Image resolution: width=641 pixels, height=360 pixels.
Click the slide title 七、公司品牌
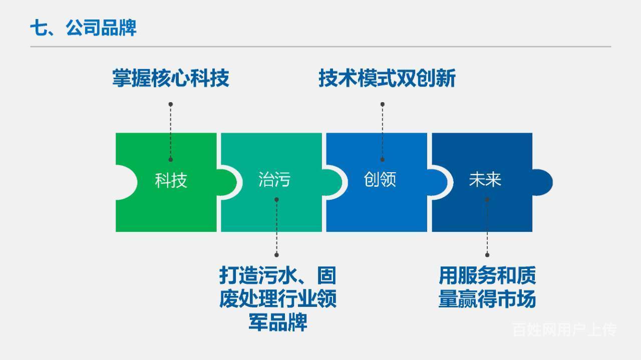pyautogui.click(x=83, y=28)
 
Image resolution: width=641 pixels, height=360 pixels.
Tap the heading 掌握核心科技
pyautogui.click(x=171, y=78)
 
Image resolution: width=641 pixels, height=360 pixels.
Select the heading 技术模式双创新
pyautogui.click(x=387, y=78)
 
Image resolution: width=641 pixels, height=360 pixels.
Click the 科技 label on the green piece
pyautogui.click(x=171, y=180)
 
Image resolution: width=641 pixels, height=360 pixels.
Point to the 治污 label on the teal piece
pyautogui.click(x=274, y=179)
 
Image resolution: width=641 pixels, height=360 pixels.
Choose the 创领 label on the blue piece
pyautogui.click(x=380, y=179)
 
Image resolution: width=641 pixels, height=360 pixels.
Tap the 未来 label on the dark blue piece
pyautogui.click(x=485, y=179)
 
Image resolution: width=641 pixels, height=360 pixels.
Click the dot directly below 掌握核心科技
pyautogui.click(x=171, y=104)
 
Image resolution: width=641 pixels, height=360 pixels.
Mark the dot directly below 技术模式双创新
pyautogui.click(x=382, y=104)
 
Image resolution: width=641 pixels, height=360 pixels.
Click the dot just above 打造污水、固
pyautogui.click(x=276, y=255)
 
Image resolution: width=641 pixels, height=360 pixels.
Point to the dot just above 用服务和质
pyautogui.click(x=487, y=255)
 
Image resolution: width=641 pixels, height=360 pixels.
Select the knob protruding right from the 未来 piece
pyautogui.click(x=542, y=182)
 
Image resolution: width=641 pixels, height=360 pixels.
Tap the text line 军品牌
pyautogui.click(x=278, y=322)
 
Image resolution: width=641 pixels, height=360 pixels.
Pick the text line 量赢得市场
pyautogui.click(x=487, y=299)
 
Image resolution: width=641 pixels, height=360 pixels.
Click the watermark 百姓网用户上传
pyautogui.click(x=564, y=329)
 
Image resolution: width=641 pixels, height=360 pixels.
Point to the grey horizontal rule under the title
pyautogui.click(x=320, y=47)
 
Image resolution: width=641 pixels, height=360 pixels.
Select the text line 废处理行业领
pyautogui.click(x=278, y=299)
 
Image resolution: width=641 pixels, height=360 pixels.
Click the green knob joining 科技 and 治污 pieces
pyautogui.click(x=227, y=182)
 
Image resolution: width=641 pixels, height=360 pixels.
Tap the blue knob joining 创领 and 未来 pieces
pyautogui.click(x=437, y=182)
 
